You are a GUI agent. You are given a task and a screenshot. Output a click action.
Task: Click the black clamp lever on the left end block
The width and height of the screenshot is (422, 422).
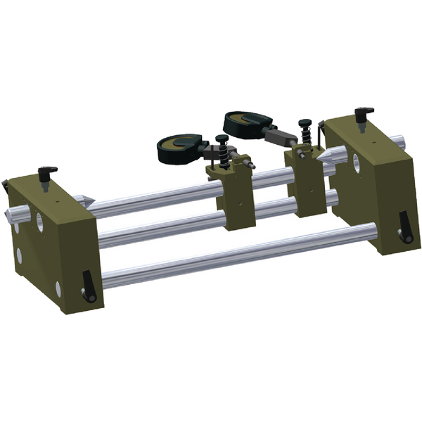[87, 284]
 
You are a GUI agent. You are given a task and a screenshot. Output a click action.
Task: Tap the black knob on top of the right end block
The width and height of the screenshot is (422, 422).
[364, 113]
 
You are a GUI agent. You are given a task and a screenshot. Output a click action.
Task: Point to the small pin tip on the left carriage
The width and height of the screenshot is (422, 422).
[250, 163]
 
